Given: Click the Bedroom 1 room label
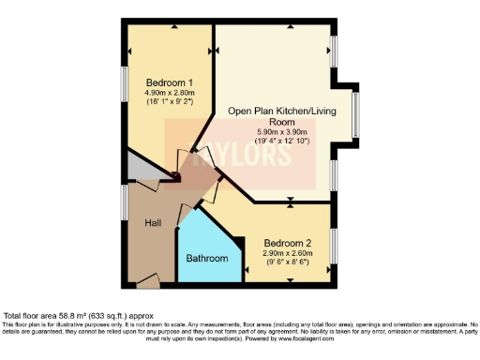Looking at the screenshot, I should [157, 83].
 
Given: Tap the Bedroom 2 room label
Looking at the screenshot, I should [287, 241].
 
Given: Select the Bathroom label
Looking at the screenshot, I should [207, 258].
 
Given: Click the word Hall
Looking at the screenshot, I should [152, 224].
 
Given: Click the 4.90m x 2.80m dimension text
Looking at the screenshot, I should [157, 94].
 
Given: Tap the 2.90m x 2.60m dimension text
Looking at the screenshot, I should [287, 252].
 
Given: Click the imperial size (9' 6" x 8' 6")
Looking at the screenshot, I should [287, 262].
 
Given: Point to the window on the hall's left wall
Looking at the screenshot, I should [125, 202].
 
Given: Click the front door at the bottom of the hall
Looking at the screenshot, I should [147, 279].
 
